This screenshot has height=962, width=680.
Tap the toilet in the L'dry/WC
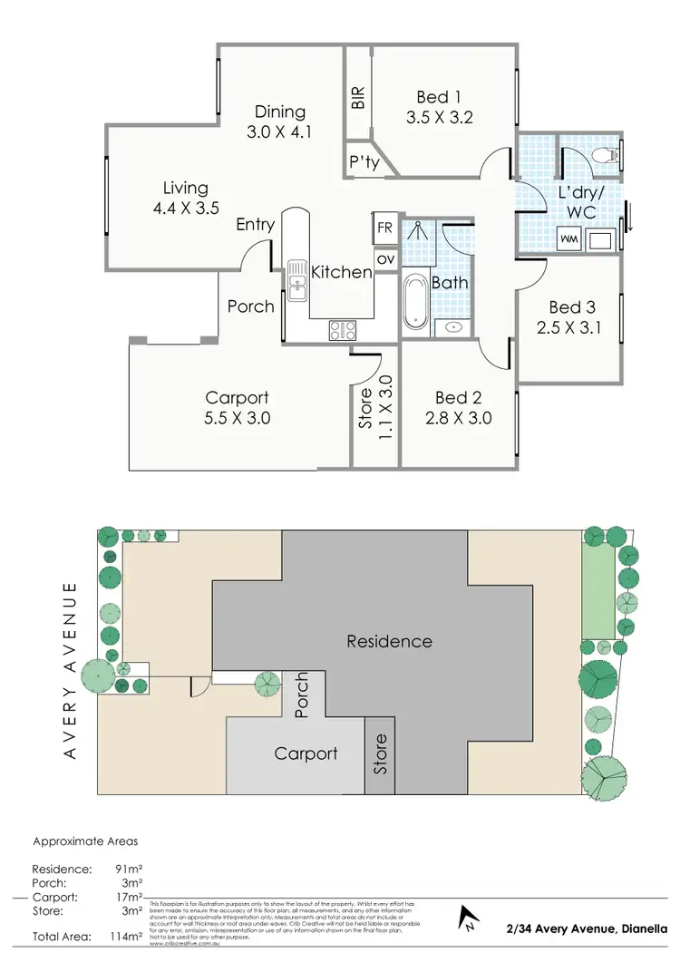pos(605,157)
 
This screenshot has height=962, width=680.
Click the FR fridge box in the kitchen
pos(385,227)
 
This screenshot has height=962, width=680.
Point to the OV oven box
pos(385,259)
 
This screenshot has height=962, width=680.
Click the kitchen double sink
pos(297,279)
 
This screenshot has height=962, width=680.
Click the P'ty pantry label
pos(364,163)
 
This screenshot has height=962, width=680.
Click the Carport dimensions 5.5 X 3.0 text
pos(238,418)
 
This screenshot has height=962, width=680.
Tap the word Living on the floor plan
pos(186,188)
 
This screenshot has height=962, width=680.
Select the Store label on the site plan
pos(381,752)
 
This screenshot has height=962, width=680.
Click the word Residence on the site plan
pos(389,641)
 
